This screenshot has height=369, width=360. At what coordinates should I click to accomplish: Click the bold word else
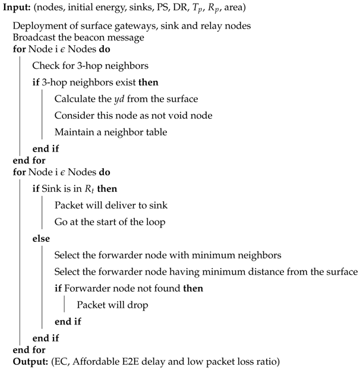pos(42,239)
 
